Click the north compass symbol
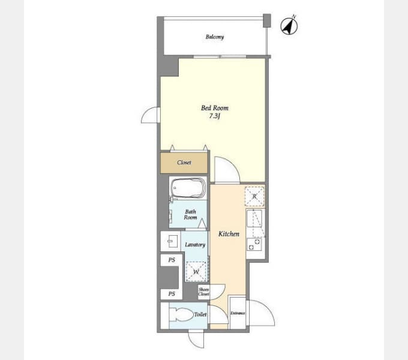289,26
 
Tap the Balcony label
215,37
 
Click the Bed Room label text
215,108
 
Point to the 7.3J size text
215,116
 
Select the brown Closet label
184,163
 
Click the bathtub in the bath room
188,188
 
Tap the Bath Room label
190,215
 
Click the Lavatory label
195,245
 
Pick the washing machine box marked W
196,272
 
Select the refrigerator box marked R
254,196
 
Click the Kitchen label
229,234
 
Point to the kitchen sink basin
254,218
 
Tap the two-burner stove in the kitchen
254,244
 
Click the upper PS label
172,260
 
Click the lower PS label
172,294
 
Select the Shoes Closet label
203,292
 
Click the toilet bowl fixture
181,315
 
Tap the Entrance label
238,313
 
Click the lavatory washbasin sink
170,242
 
